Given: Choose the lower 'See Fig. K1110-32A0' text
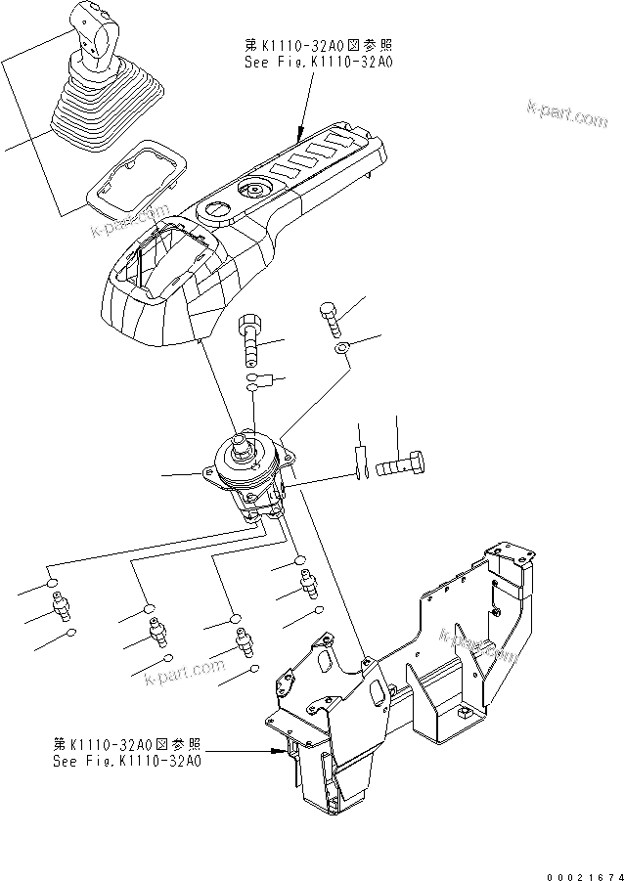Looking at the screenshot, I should (x=127, y=759).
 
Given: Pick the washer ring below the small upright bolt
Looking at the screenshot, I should (x=339, y=349).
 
